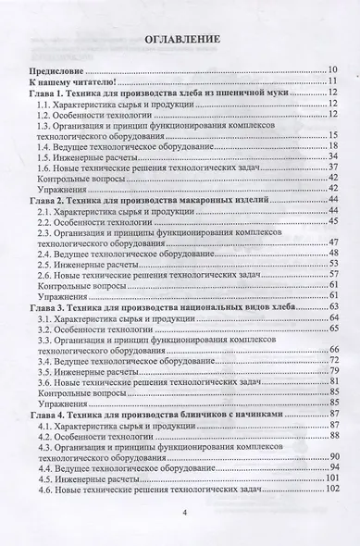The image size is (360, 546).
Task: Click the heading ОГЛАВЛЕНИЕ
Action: [181, 43]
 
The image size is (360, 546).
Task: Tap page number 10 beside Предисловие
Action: [332, 70]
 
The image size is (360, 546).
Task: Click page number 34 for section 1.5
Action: [332, 158]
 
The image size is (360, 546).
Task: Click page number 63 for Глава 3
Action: [334, 306]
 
